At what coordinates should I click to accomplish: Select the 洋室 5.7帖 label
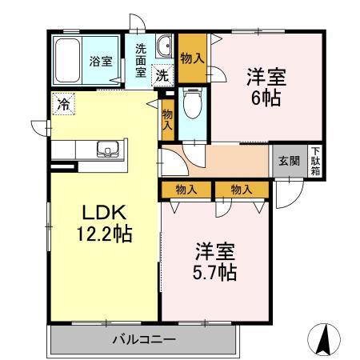(x=213, y=261)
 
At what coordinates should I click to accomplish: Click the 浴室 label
(x=100, y=61)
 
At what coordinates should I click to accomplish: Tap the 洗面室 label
(x=141, y=59)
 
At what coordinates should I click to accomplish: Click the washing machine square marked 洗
(x=162, y=77)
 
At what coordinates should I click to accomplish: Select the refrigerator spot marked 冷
(x=62, y=102)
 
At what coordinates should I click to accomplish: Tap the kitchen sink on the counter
(x=108, y=148)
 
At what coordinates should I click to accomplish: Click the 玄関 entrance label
(x=289, y=161)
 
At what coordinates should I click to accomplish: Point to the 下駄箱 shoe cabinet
(x=316, y=161)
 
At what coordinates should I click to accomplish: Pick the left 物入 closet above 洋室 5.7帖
(x=187, y=189)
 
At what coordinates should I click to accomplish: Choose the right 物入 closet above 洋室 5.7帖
(x=241, y=189)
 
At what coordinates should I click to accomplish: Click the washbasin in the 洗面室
(x=165, y=46)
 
